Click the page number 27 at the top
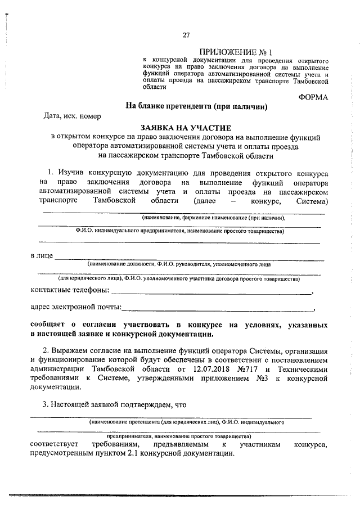[x=185, y=35]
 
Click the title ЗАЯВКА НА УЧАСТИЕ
[x=186, y=128]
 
